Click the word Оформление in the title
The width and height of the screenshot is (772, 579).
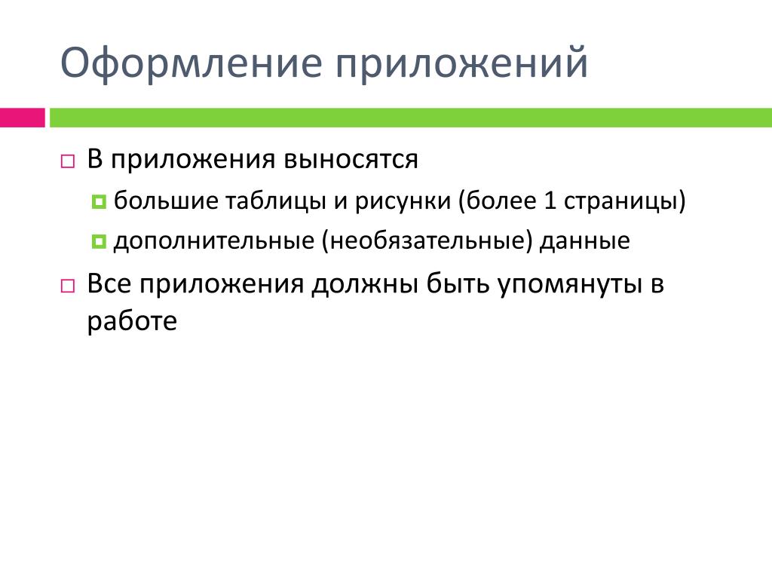click(x=191, y=63)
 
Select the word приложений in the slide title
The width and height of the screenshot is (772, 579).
click(x=462, y=63)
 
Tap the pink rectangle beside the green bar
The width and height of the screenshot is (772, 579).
click(x=22, y=118)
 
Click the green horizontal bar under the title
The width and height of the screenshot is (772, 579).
click(x=411, y=118)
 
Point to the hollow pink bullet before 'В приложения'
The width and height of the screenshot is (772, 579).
click(x=67, y=161)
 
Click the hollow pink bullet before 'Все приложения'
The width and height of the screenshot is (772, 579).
click(x=67, y=286)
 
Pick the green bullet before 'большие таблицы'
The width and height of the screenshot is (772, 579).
click(x=99, y=201)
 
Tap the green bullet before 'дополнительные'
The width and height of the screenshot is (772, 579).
click(x=99, y=241)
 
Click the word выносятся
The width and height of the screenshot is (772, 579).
click(x=351, y=160)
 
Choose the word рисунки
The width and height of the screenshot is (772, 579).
click(x=403, y=201)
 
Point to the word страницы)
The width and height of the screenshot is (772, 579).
click(x=624, y=201)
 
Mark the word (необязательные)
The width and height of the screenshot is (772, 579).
click(x=427, y=240)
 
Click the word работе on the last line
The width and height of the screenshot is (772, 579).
click(x=132, y=321)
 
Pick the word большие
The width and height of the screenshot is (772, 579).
click(x=166, y=201)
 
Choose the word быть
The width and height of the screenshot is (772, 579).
click(x=458, y=283)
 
